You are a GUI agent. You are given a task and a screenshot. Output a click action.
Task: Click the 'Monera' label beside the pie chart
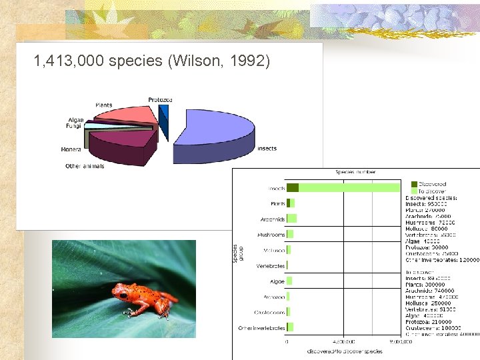[71, 149]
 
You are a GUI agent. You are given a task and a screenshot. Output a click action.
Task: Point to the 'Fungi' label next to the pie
[75, 125]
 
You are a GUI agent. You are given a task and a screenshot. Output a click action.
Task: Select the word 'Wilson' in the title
[199, 61]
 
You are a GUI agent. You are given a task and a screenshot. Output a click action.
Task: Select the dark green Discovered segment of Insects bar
[292, 188]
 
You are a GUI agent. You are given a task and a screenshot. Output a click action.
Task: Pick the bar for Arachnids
[291, 219]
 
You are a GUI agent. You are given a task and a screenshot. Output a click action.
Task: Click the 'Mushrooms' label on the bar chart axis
[271, 235]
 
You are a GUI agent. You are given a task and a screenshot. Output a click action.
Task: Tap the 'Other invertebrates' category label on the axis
[261, 328]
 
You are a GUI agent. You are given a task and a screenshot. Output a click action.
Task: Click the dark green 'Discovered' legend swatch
[414, 184]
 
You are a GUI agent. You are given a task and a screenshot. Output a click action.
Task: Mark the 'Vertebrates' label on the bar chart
[271, 265]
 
